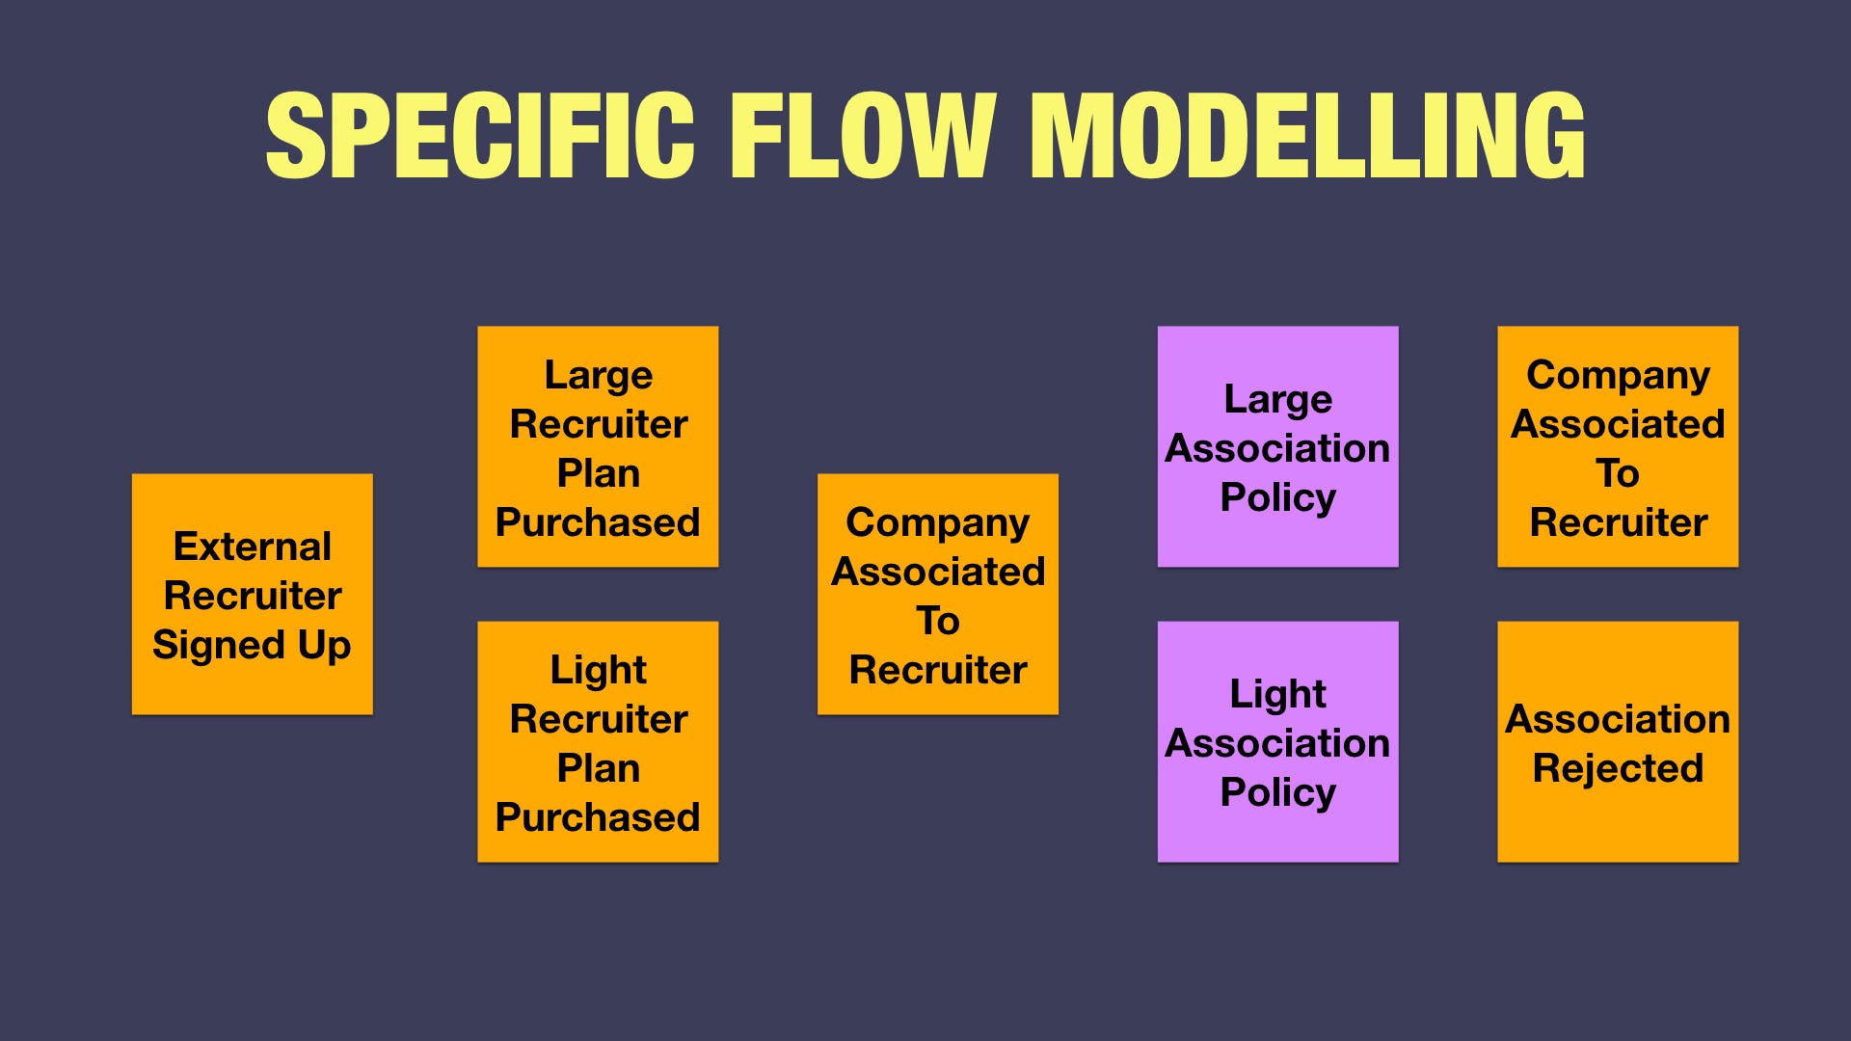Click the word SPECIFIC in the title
[x=479, y=136]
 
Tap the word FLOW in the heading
[x=861, y=136]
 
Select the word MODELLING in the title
[x=1308, y=136]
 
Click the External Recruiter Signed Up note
[x=252, y=594]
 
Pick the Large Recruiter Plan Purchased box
[x=598, y=446]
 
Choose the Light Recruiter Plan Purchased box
[x=598, y=741]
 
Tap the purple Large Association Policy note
[x=1277, y=446]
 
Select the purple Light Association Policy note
[x=1277, y=741]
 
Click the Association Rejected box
[x=1618, y=741]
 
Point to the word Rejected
[x=1618, y=768]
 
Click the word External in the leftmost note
[x=252, y=547]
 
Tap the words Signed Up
[x=252, y=645]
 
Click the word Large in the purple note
[x=1277, y=399]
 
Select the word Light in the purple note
[x=1277, y=694]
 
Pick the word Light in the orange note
[x=598, y=670]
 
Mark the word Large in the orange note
[x=598, y=375]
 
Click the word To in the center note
[x=937, y=621]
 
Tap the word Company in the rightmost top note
[x=1618, y=375]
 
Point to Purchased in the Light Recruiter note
[x=598, y=817]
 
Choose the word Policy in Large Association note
[x=1277, y=497]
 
